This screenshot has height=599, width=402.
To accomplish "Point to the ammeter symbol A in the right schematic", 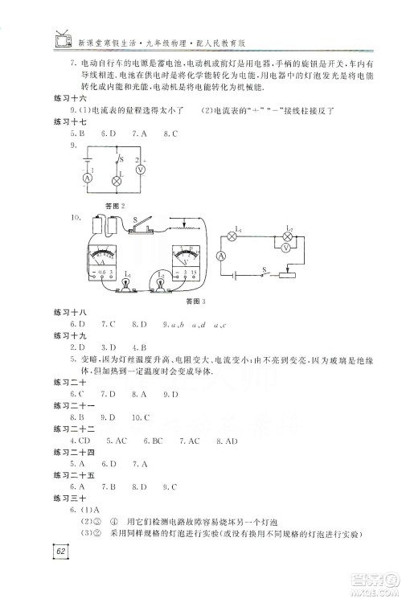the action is click(x=221, y=256).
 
